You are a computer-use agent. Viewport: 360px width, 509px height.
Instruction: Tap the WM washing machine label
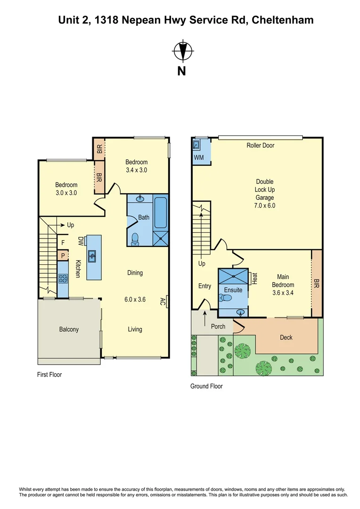point(199,157)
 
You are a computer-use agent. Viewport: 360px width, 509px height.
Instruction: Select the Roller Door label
point(260,145)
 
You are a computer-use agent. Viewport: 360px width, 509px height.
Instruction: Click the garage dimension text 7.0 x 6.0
point(265,205)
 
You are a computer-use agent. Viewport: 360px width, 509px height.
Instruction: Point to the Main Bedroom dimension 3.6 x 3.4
point(283,293)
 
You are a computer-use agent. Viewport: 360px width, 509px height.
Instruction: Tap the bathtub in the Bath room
point(161,213)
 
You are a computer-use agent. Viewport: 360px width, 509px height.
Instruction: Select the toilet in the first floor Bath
point(135,239)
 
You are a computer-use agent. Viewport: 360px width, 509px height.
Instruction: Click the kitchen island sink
point(93,256)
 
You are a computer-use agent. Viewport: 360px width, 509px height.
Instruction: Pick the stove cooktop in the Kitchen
point(63,278)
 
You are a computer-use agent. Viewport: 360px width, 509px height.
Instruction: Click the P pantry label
point(62,256)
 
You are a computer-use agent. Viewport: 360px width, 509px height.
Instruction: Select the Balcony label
point(69,329)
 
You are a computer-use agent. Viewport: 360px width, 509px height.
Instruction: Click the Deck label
point(286,337)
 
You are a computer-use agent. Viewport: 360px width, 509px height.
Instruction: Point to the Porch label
point(218,326)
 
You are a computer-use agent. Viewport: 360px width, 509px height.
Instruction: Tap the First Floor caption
point(49,375)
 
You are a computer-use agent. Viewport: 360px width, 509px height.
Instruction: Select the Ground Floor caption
point(206,386)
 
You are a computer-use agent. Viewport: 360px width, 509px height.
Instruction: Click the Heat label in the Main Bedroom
point(254,279)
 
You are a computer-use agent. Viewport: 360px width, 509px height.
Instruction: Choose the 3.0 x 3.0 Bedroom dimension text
point(66,193)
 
